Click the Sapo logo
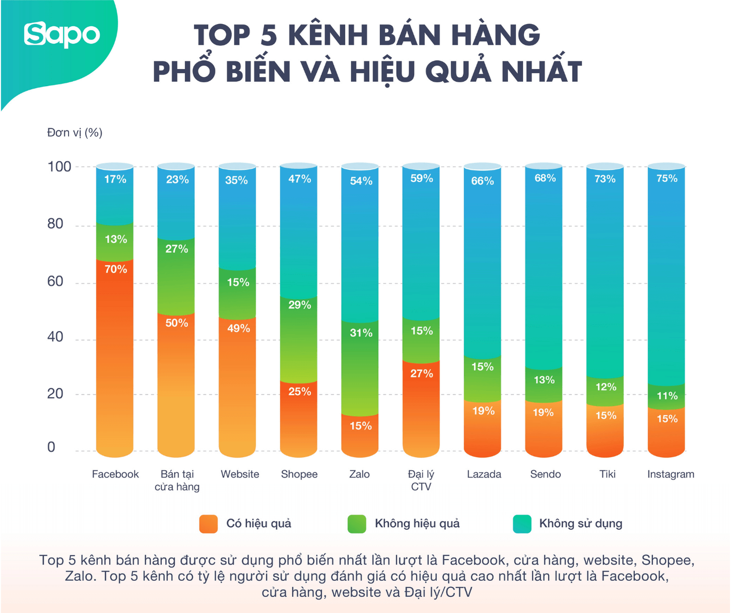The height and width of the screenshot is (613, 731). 62,34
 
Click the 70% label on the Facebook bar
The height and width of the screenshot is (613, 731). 115,269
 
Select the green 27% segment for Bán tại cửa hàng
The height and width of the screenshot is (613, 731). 176,275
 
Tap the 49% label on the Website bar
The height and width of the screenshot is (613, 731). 238,328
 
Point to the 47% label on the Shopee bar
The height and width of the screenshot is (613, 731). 299,179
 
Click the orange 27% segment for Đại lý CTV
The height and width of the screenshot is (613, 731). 421,404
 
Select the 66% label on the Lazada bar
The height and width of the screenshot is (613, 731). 482,181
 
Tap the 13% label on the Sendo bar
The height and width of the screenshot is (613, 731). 544,380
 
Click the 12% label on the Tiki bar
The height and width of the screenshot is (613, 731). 605,387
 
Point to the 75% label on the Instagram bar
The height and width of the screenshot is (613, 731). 666,179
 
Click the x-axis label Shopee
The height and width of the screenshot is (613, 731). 299,474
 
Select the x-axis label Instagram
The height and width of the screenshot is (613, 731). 671,474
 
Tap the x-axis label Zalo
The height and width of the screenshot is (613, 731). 359,474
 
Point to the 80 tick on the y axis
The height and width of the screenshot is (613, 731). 55,224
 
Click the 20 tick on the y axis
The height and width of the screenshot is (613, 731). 55,394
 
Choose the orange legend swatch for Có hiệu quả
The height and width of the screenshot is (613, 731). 209,524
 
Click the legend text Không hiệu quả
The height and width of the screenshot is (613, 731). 417,524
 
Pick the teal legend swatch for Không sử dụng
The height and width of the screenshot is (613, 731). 522,524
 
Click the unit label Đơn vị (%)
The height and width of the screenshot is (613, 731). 75,133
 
